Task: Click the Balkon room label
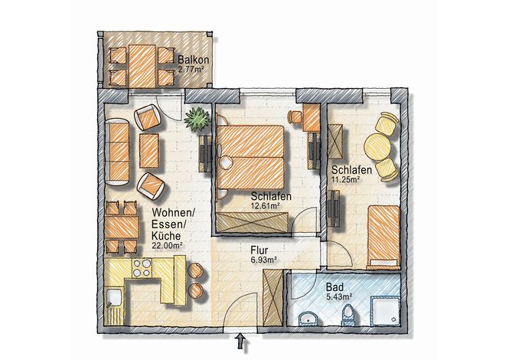[193, 60]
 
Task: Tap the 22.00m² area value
[167, 245]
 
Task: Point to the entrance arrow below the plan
[240, 342]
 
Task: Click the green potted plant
[197, 119]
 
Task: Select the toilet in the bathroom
[348, 316]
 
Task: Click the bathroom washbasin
[308, 318]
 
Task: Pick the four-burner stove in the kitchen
[142, 268]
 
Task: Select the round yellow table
[378, 146]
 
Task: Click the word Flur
[259, 250]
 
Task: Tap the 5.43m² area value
[339, 296]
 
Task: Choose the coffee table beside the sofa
[149, 151]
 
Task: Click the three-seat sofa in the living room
[117, 152]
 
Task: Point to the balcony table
[142, 66]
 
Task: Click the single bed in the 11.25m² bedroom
[383, 237]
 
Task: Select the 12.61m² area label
[266, 206]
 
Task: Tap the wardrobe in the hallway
[272, 298]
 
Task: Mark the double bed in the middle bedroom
[250, 158]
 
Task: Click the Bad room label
[334, 287]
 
